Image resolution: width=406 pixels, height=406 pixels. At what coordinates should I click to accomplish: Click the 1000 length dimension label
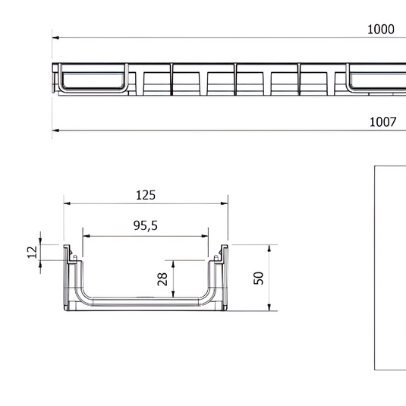point(381,29)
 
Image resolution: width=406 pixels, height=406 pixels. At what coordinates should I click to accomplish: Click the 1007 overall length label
point(382,121)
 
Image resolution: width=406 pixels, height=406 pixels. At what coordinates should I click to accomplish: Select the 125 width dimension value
point(146,195)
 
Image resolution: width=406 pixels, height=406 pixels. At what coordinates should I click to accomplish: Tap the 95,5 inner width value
point(143,226)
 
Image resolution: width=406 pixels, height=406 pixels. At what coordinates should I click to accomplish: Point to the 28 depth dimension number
point(162,278)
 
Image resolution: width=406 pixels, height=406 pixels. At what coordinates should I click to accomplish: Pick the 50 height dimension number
point(258,277)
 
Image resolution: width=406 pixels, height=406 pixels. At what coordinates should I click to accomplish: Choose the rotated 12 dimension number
point(32,252)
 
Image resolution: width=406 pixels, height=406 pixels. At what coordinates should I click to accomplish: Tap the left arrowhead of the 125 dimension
point(66,204)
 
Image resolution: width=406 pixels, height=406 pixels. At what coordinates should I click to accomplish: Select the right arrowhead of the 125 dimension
point(225,204)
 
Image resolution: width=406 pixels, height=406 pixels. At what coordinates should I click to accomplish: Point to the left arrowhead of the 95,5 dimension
point(86,235)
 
